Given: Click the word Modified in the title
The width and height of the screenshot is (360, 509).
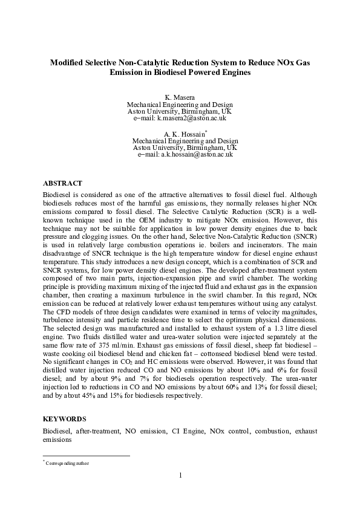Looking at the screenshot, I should pyautogui.click(x=68, y=62).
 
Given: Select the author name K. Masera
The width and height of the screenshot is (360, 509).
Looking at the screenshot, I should pyautogui.click(x=180, y=97).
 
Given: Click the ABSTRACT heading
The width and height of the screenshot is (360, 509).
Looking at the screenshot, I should pyautogui.click(x=62, y=183).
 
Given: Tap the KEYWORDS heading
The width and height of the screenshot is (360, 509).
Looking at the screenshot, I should pyautogui.click(x=64, y=418).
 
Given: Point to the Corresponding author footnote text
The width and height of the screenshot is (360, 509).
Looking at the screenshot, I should pyautogui.click(x=67, y=463).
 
